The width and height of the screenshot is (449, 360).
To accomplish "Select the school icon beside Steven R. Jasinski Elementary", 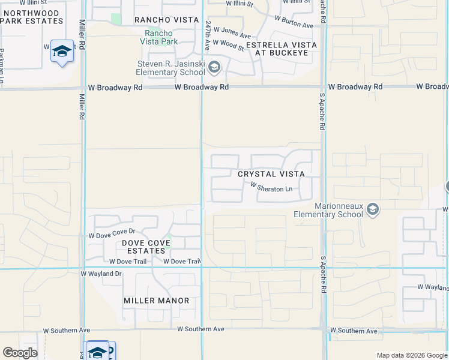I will (215, 67).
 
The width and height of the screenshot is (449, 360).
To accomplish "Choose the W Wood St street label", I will (229, 45).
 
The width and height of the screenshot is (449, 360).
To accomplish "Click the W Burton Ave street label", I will (294, 25).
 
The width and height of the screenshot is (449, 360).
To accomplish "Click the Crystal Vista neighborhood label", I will (271, 173).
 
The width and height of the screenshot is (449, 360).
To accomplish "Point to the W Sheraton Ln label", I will (271, 188).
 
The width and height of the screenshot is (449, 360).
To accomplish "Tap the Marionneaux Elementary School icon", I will (373, 209).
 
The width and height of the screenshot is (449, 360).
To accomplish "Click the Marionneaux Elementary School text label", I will (328, 209).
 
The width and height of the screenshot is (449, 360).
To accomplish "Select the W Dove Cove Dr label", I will (112, 231).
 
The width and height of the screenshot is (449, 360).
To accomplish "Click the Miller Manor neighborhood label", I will (156, 301).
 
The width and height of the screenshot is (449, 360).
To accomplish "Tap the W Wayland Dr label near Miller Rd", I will (101, 274).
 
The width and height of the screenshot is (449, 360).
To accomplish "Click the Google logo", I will (19, 353).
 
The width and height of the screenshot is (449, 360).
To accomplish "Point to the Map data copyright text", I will (411, 355).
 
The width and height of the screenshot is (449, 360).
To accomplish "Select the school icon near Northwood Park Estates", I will (62, 52).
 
